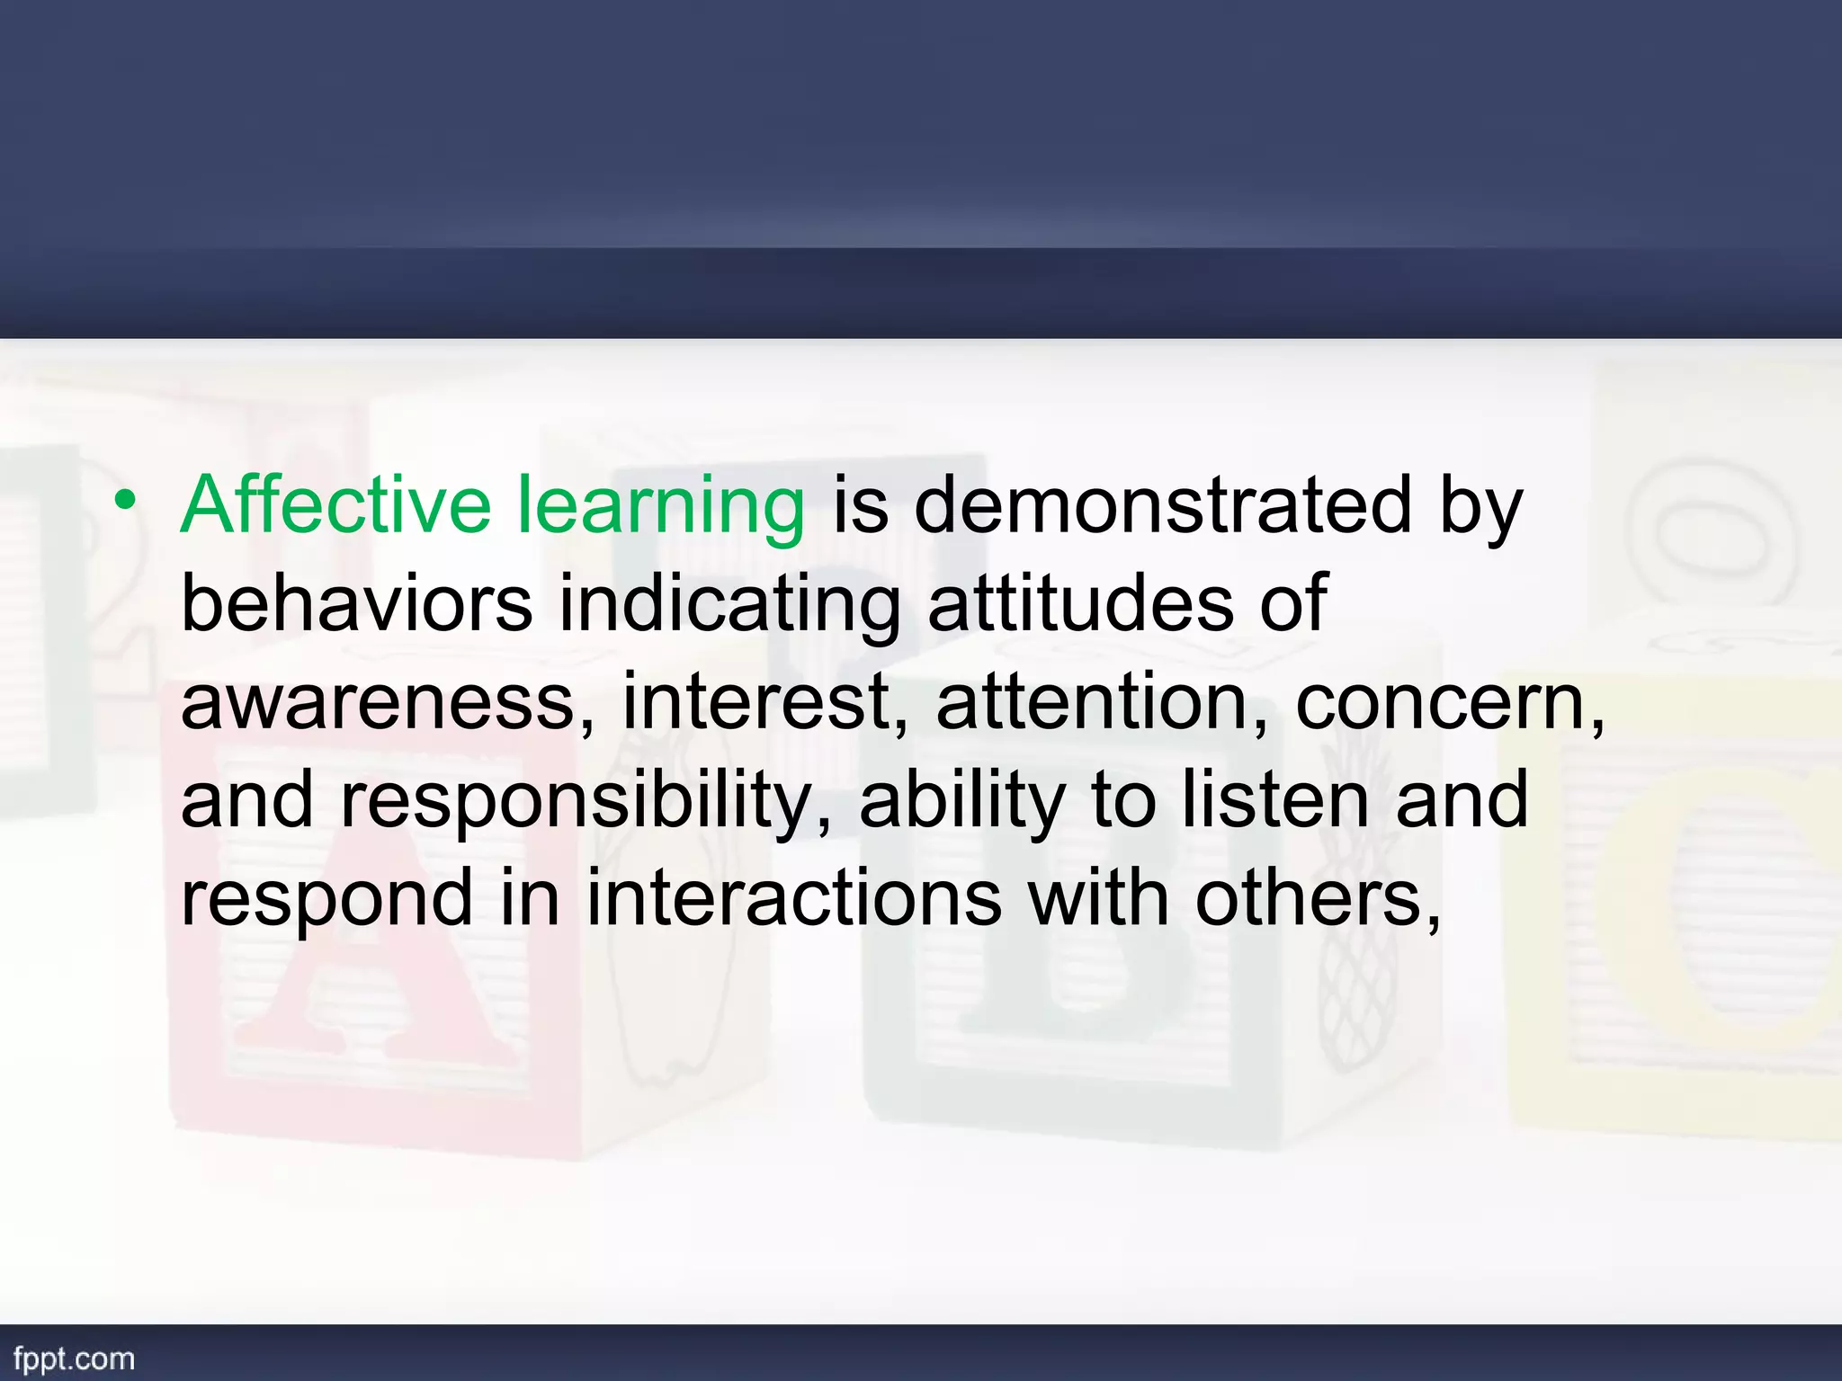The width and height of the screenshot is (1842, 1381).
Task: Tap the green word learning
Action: [661, 509]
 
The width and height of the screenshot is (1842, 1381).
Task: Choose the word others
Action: [1317, 898]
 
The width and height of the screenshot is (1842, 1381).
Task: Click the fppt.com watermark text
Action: [74, 1359]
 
